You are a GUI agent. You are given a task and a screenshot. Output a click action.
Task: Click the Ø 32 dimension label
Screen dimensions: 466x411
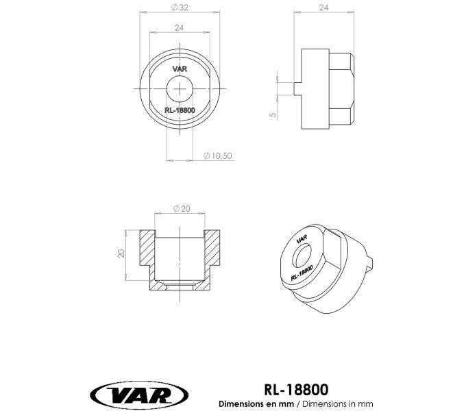(x=180, y=8)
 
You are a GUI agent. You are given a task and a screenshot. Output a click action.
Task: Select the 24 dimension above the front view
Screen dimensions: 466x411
(x=179, y=27)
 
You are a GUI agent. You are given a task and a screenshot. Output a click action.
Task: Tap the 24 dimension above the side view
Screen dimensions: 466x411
(x=323, y=8)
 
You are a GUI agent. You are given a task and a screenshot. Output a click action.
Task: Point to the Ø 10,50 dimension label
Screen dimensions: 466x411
(x=217, y=155)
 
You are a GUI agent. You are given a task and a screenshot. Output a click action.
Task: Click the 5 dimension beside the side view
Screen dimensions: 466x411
(x=273, y=114)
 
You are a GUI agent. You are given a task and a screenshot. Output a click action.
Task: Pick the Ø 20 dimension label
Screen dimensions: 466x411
(x=182, y=209)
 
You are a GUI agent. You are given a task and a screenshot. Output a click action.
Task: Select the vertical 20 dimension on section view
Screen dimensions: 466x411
(x=121, y=253)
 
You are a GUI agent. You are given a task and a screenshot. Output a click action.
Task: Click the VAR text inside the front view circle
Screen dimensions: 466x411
(x=180, y=69)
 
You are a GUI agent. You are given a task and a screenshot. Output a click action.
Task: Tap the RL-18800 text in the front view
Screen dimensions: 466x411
(x=180, y=110)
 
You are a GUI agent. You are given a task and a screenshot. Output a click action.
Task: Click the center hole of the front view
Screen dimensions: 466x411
(x=180, y=88)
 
